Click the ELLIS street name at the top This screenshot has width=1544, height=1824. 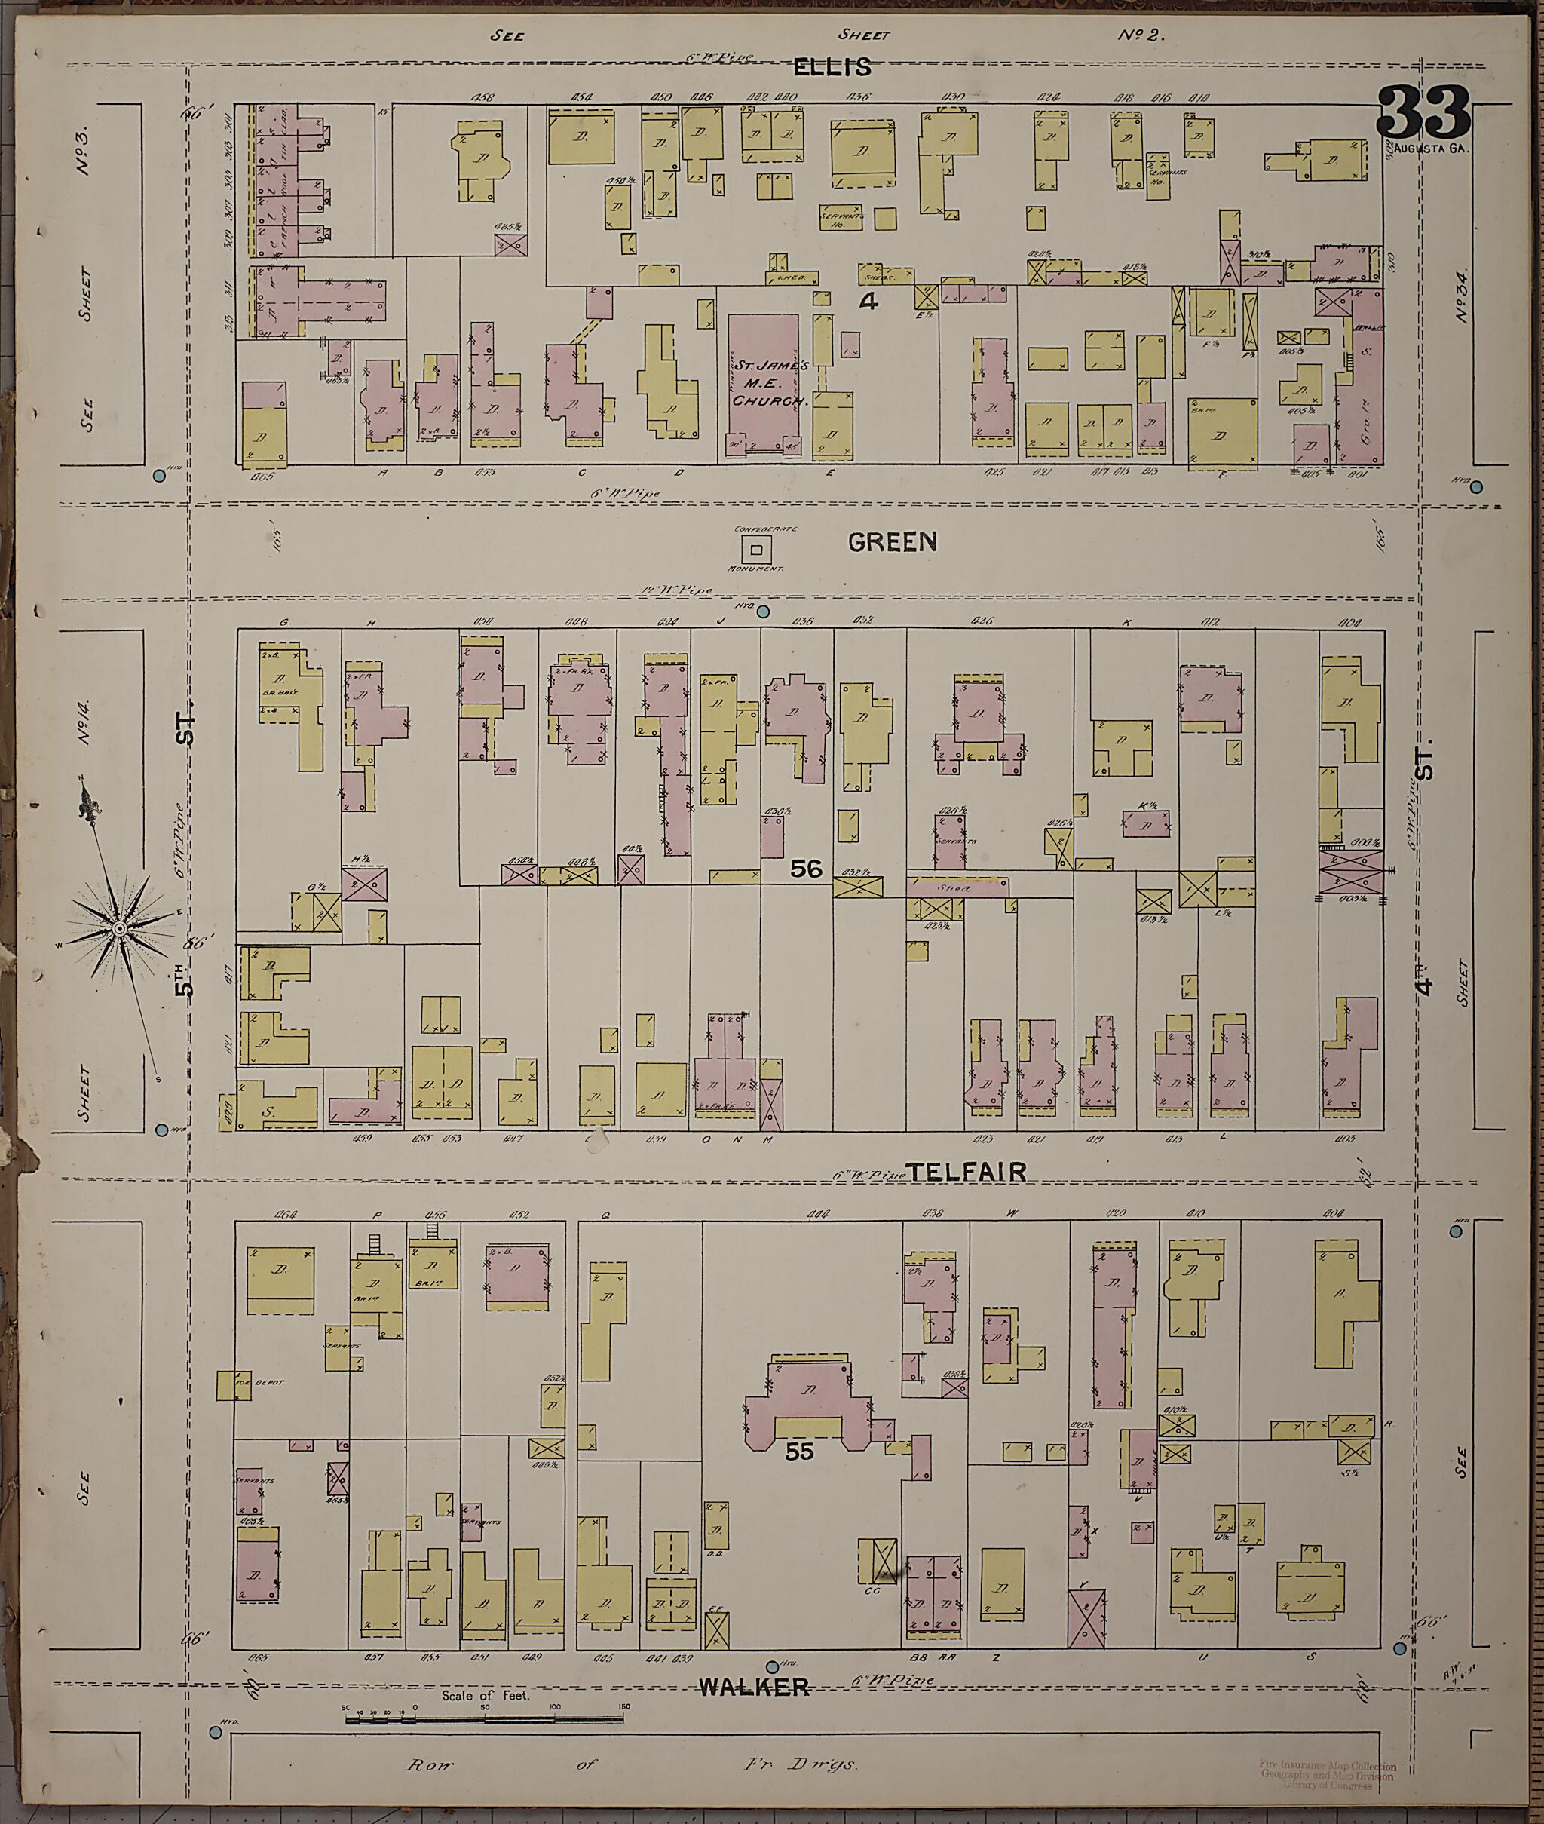832,67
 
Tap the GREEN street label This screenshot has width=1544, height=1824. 892,543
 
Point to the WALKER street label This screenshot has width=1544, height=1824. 754,1687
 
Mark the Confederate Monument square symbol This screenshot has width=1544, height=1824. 757,550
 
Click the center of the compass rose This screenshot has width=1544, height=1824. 118,926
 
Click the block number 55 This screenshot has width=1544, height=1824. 799,1452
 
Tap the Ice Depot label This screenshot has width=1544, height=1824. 255,1384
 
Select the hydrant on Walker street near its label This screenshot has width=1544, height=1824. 772,1666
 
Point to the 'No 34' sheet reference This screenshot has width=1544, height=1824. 1462,296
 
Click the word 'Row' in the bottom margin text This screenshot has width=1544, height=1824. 430,1764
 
